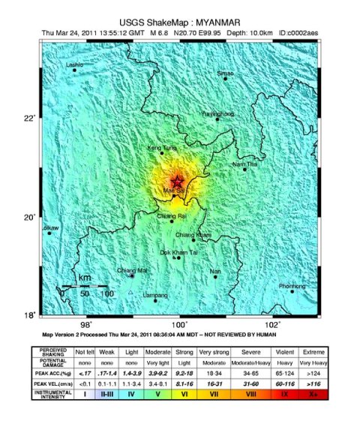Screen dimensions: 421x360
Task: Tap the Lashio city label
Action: point(75,65)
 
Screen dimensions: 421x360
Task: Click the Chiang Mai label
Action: point(133,270)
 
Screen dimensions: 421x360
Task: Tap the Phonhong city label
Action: point(292,286)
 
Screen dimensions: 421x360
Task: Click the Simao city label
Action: point(225,73)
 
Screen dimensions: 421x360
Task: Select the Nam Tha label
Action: point(244,163)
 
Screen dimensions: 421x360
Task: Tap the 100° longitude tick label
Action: point(180,324)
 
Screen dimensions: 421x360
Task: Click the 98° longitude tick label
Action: point(86,324)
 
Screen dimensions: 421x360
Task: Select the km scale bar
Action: point(85,286)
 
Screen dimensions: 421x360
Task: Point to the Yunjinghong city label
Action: point(217,113)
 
